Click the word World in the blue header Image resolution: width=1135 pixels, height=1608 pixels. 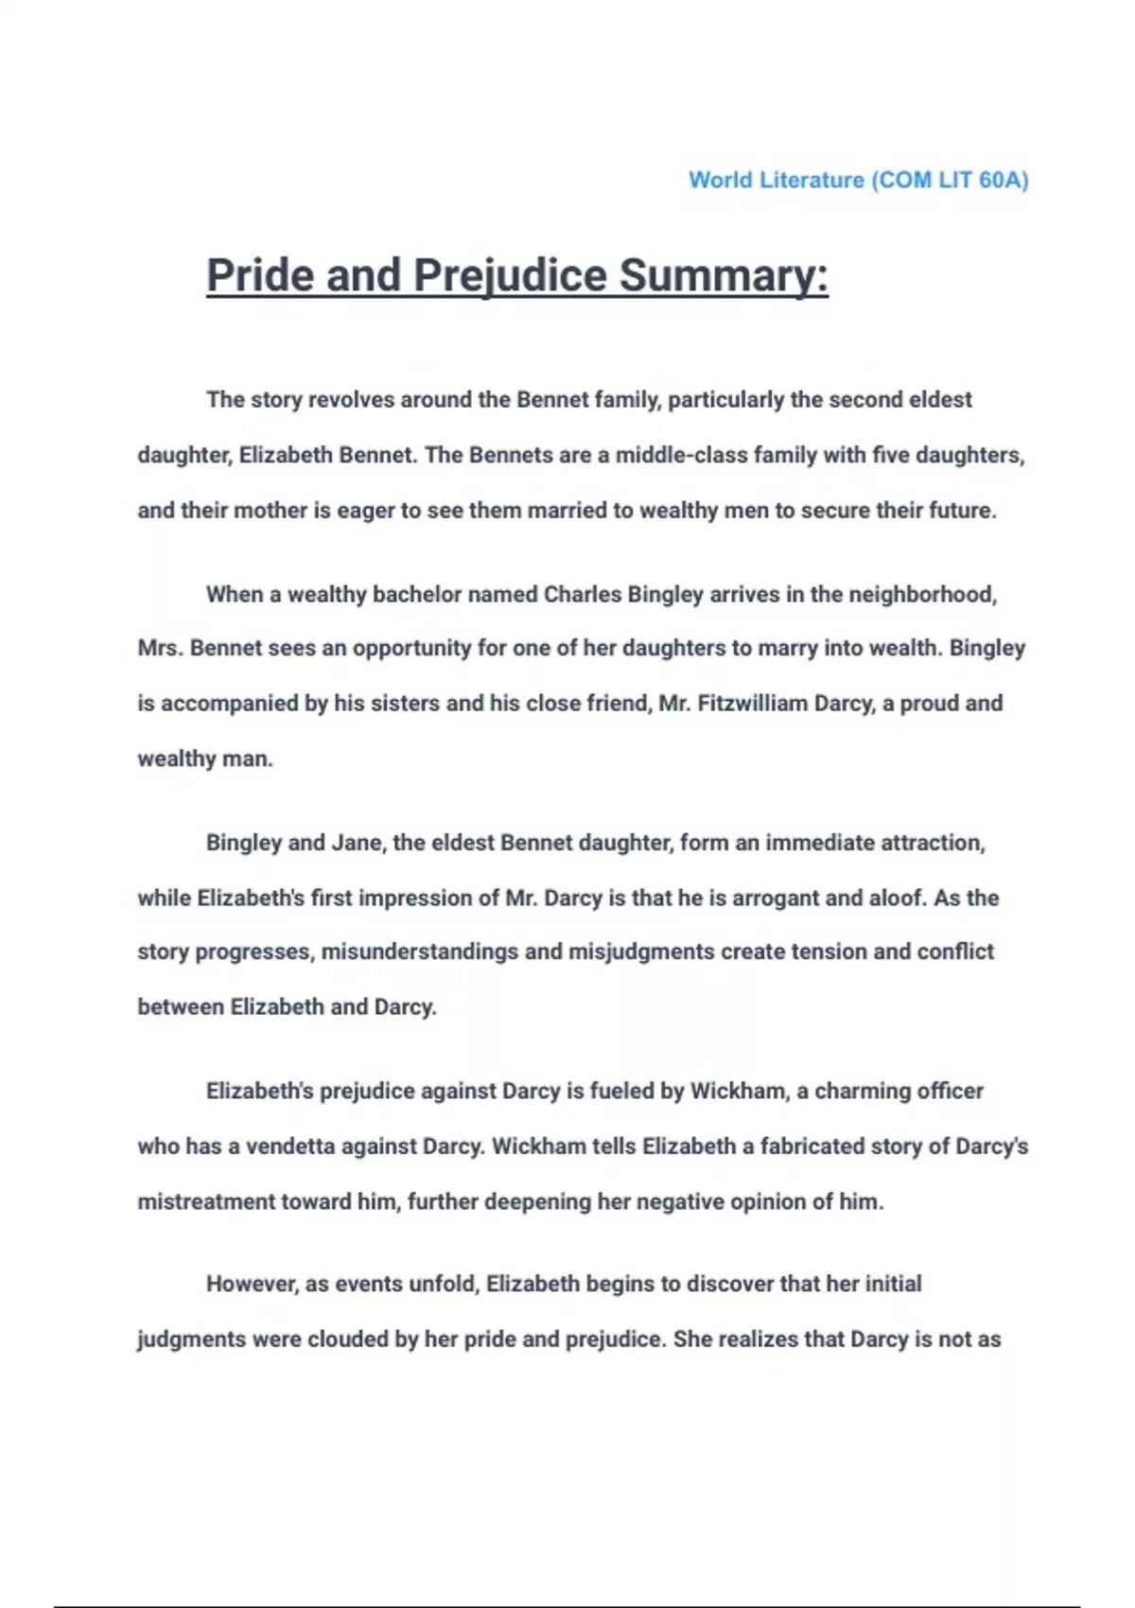click(x=722, y=180)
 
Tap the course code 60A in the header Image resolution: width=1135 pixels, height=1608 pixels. click(x=1003, y=180)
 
